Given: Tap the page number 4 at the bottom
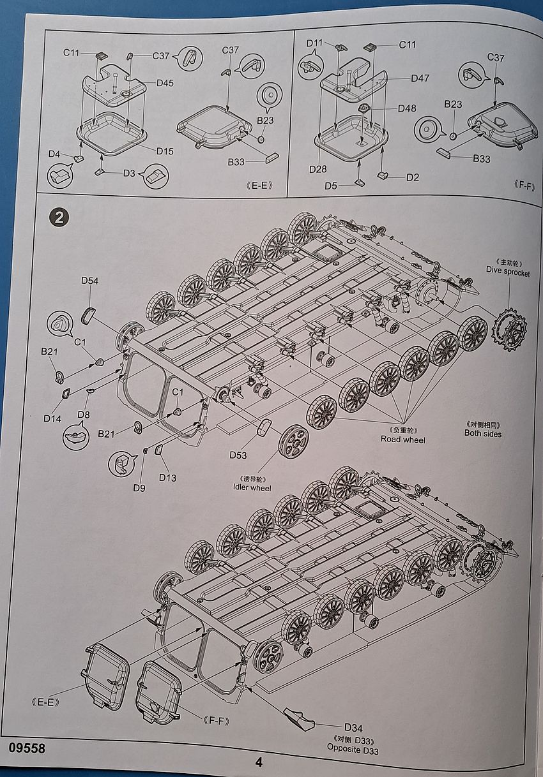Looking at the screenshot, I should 259,762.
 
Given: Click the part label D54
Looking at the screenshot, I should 89,281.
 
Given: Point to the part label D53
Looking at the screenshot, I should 238,455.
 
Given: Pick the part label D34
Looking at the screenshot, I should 353,727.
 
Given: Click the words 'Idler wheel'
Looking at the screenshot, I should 252,488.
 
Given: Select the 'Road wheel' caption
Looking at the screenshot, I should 403,439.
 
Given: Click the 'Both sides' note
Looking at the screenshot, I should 483,434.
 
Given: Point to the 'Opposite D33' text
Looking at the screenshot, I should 353,750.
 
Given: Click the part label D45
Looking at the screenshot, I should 164,83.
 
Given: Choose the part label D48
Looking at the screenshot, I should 407,108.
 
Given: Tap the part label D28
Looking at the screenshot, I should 318,169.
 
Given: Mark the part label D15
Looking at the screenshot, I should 165,151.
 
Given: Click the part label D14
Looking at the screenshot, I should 52,418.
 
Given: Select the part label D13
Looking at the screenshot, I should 168,478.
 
